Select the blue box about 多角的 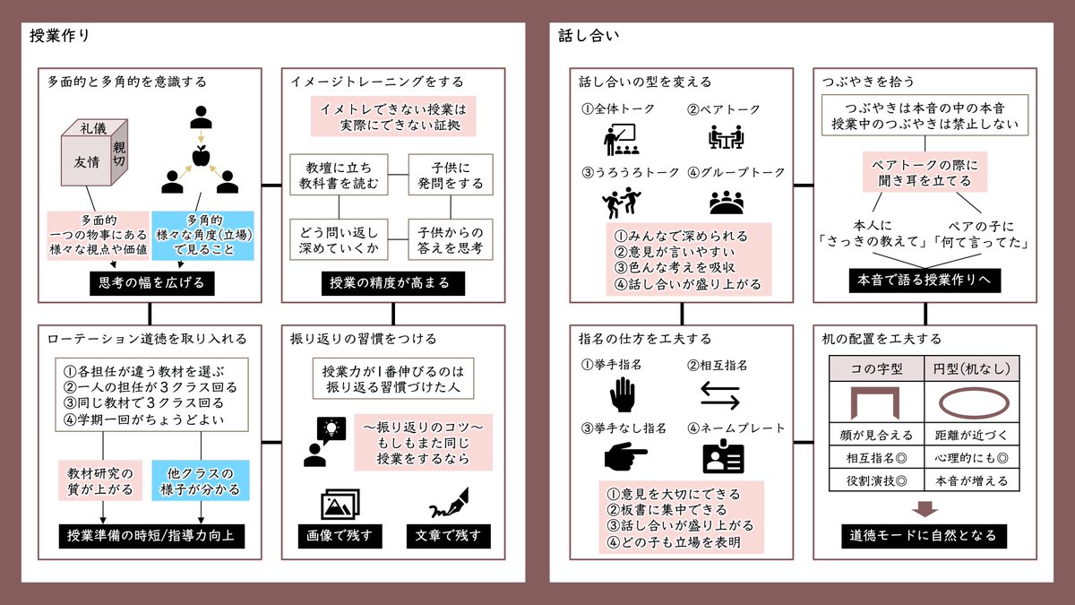[203, 236]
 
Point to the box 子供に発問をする [451, 176]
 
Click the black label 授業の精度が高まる [393, 283]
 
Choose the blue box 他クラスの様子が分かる [200, 480]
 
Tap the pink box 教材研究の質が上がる [99, 480]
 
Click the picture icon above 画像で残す [339, 505]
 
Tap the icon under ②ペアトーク [724, 137]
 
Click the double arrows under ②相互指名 [720, 395]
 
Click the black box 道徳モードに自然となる [924, 536]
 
